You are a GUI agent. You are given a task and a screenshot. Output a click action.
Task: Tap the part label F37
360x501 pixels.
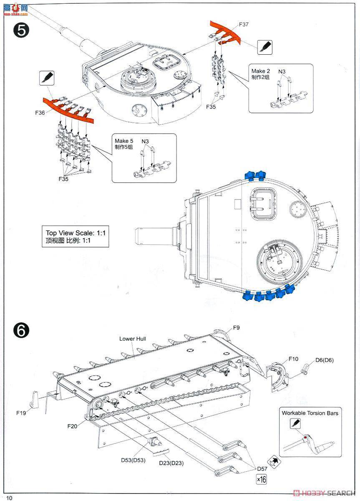point(244,24)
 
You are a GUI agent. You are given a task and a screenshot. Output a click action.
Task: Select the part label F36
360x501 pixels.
point(40,113)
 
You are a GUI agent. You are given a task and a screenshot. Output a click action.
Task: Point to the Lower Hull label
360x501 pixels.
point(133,339)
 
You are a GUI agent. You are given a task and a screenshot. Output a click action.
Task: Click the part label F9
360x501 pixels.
point(236,328)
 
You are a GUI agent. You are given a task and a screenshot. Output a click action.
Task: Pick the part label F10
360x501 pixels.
point(294,359)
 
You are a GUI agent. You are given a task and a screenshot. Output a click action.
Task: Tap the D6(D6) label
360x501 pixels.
point(324,360)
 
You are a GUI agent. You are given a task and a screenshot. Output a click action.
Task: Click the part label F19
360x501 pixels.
point(22,413)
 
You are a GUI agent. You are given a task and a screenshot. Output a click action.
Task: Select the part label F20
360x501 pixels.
point(72,426)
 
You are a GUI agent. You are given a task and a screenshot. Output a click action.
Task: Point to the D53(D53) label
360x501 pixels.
point(133,460)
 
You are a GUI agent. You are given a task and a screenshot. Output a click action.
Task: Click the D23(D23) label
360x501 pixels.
point(171,463)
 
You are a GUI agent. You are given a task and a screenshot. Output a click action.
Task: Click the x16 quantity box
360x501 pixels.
point(262,480)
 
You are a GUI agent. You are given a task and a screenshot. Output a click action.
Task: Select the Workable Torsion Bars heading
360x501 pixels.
point(310,413)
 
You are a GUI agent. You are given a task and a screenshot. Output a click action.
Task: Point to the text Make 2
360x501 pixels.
point(261,71)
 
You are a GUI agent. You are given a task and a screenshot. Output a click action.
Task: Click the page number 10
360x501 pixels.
point(10,497)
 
